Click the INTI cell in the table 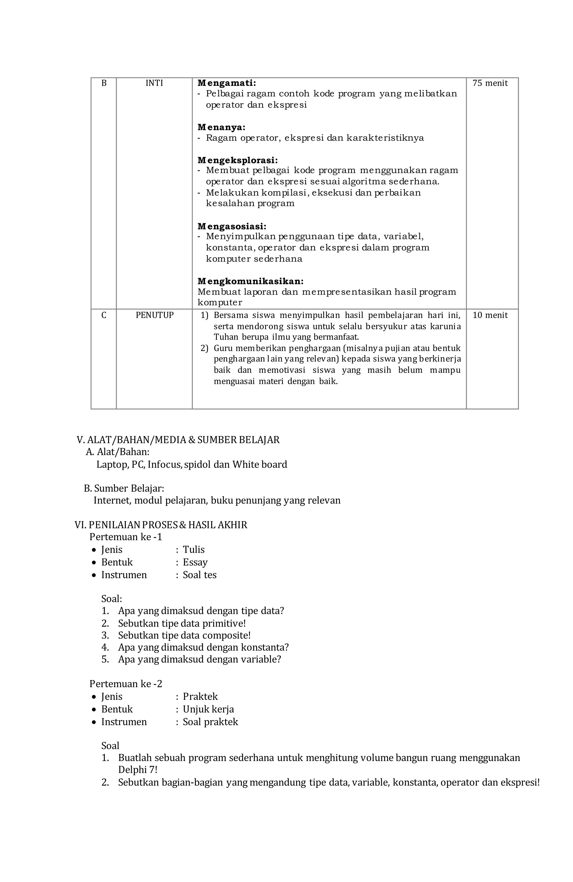(x=154, y=83)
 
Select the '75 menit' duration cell (x=490, y=83)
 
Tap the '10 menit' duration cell (x=490, y=315)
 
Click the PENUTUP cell (x=154, y=315)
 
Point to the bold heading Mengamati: (x=226, y=83)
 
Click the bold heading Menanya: (x=221, y=127)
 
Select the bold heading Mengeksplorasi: (x=238, y=160)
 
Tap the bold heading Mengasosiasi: (x=231, y=226)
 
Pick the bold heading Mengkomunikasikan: (x=250, y=281)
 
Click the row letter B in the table (x=104, y=83)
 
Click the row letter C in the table (x=104, y=315)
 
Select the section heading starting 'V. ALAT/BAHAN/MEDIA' (x=178, y=440)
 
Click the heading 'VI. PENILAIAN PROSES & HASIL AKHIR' (x=161, y=525)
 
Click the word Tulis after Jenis (x=193, y=550)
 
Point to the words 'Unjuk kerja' (x=208, y=709)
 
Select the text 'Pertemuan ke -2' (x=126, y=684)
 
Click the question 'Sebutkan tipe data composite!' (x=184, y=635)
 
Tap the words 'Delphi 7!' (x=137, y=770)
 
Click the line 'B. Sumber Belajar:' (x=124, y=488)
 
